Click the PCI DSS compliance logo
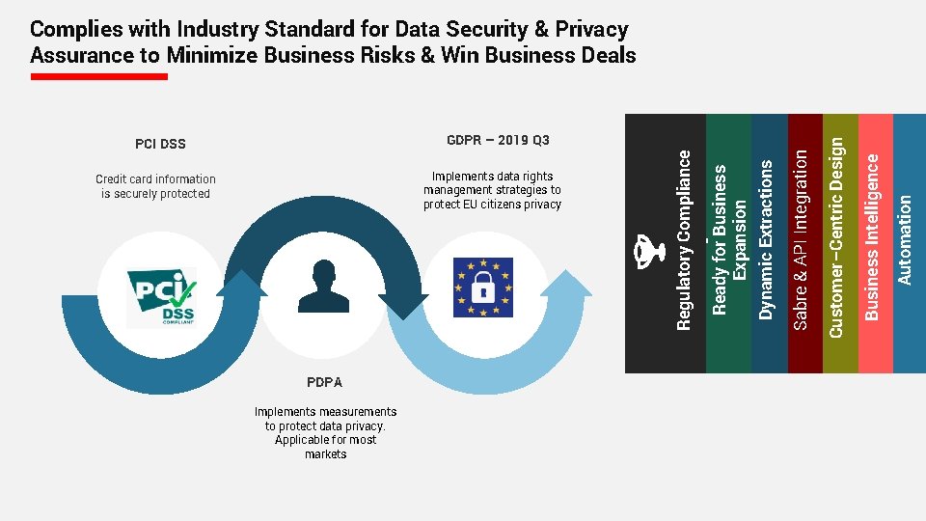(161, 298)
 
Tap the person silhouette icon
(324, 287)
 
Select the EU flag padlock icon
(483, 287)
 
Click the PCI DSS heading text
(160, 145)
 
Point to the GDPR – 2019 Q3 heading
(498, 141)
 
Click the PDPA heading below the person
(324, 382)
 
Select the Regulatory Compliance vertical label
(684, 239)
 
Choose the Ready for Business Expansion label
(728, 237)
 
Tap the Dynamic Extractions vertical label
(767, 239)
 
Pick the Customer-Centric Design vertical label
(836, 236)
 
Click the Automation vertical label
(905, 239)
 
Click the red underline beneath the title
(98, 76)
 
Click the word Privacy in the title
(591, 30)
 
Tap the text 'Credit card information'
(155, 179)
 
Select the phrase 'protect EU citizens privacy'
(492, 205)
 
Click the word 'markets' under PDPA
(325, 454)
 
